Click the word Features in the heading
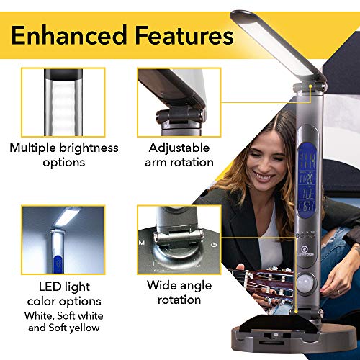coord(184,34)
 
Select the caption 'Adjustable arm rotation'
coord(179,155)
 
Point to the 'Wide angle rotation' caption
coord(179,292)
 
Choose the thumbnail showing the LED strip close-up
coord(63,101)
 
